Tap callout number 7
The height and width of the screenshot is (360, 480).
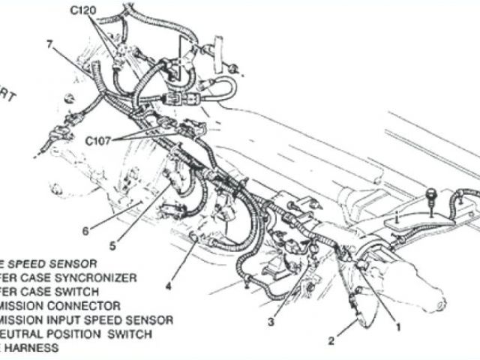point(49,44)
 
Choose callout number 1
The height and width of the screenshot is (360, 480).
point(398,326)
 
